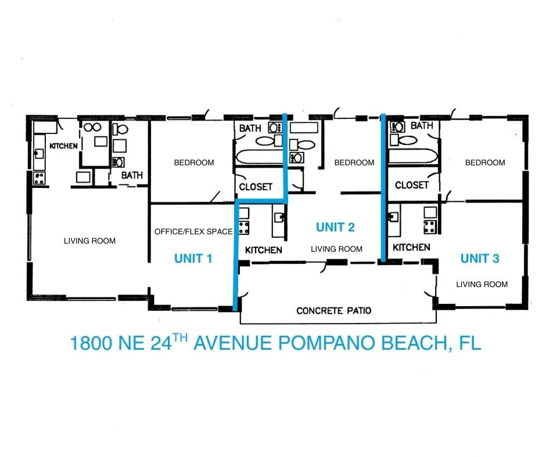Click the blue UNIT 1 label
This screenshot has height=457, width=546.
[x=193, y=259]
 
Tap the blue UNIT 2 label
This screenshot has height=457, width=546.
[x=335, y=227]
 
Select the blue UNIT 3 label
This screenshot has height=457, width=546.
[x=480, y=259]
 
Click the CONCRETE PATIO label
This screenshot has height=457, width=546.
[x=333, y=310]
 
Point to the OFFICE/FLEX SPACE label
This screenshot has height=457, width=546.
[x=193, y=231]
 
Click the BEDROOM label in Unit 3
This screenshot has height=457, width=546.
[x=485, y=162]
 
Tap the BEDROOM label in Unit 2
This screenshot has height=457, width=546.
[x=354, y=162]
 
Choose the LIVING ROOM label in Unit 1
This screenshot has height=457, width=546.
[x=89, y=241]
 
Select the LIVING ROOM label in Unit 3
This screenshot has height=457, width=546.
[x=482, y=284]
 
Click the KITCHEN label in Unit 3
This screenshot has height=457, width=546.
[x=411, y=247]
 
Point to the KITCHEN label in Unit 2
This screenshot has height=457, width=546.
[x=264, y=250]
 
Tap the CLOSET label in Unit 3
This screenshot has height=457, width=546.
[x=412, y=185]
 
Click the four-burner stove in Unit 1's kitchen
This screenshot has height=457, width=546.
[x=39, y=178]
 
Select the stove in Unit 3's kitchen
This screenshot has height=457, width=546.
[x=430, y=227]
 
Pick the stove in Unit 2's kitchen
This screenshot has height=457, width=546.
[x=244, y=228]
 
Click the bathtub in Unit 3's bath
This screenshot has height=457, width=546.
[x=412, y=156]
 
